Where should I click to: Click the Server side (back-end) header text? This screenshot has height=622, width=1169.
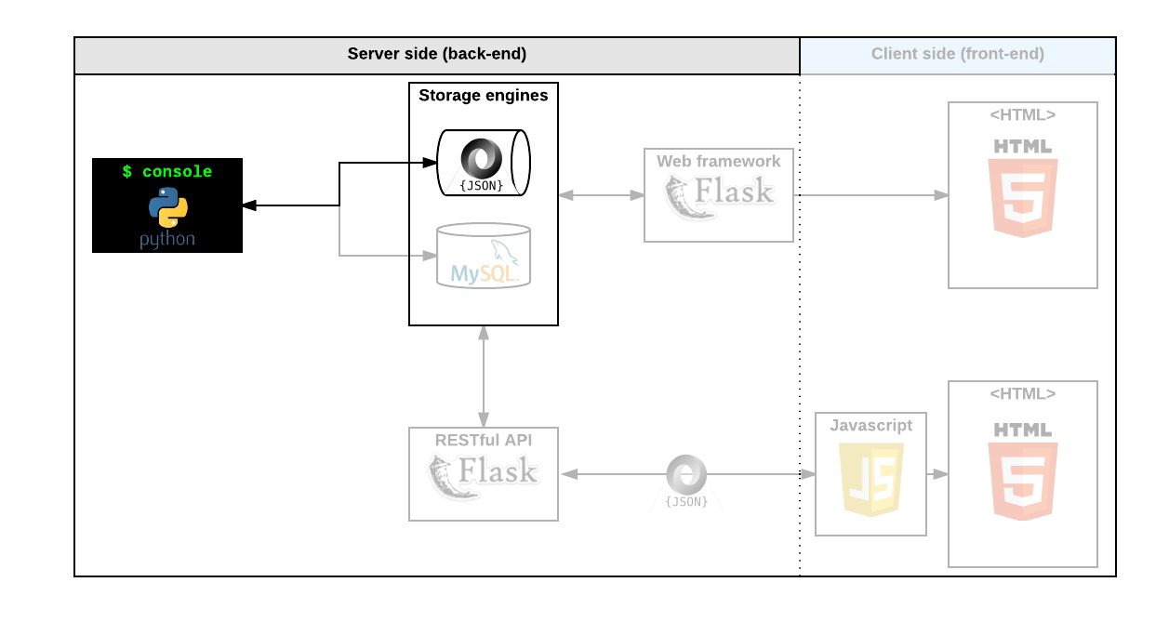[437, 54]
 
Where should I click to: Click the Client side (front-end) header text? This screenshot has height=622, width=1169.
[957, 54]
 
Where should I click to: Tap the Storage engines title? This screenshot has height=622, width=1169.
[484, 95]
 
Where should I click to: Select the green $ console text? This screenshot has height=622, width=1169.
[167, 172]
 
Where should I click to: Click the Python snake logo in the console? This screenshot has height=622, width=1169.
[167, 206]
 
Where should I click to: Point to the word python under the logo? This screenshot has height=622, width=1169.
[167, 239]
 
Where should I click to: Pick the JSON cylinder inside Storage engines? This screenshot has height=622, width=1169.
[482, 164]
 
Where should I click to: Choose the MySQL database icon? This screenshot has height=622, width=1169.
[484, 256]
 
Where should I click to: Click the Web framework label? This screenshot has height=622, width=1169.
[719, 161]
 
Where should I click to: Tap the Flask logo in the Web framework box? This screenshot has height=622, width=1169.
[719, 196]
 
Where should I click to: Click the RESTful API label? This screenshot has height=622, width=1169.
[484, 440]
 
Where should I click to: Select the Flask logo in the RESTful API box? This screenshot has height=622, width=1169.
[484, 475]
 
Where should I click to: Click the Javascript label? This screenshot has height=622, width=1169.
[871, 425]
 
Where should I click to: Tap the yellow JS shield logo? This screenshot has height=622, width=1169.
[871, 478]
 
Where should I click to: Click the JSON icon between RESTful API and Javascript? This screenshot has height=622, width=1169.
[686, 478]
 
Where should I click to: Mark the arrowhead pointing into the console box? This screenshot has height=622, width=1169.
[249, 205]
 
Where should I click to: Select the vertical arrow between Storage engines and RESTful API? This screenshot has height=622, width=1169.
[484, 377]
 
